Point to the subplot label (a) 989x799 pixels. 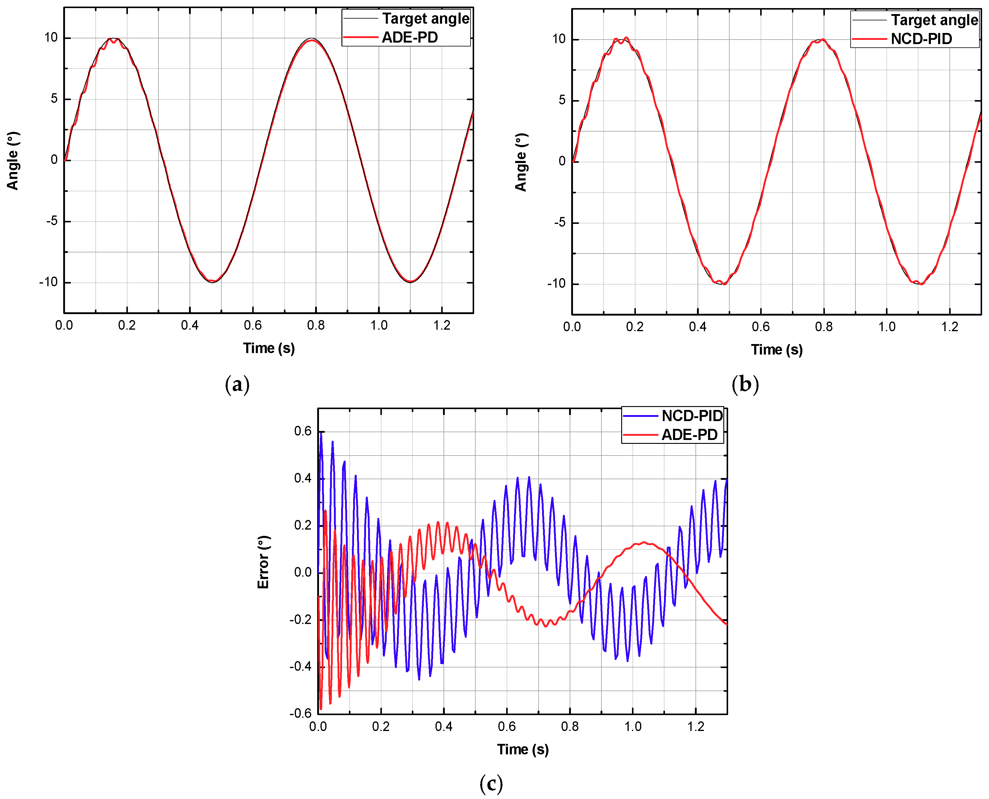click(x=237, y=384)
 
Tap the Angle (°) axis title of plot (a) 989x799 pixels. click(x=13, y=161)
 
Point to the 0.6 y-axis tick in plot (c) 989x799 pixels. click(x=303, y=431)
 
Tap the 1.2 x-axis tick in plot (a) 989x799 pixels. click(x=441, y=326)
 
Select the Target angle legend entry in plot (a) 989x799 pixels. click(x=426, y=19)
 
